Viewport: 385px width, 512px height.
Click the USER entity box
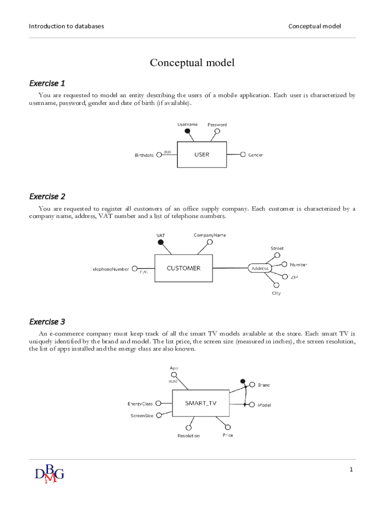pos(201,154)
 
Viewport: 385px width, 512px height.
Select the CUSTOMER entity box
pos(183,268)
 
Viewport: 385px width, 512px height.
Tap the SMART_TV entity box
pos(200,403)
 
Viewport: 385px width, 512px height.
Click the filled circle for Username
pos(187,131)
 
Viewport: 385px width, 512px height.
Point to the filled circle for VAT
pos(160,242)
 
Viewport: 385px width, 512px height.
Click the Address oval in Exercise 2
pos(260,268)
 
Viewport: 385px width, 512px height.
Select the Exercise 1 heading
pos(47,83)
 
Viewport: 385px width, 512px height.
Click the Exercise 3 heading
pos(47,321)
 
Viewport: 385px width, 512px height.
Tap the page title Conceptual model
pos(192,63)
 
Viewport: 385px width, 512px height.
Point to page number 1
pos(351,469)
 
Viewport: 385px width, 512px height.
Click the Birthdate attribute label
pos(144,155)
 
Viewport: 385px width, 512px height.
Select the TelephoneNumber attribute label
pos(109,269)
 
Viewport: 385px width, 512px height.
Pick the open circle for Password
pos(217,131)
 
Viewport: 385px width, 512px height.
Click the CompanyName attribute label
pos(210,235)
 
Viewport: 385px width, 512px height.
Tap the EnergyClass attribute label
pos(140,404)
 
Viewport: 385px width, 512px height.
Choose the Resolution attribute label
pos(188,436)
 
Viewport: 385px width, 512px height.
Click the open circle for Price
pos(228,427)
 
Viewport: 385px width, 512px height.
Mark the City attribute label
pos(276,293)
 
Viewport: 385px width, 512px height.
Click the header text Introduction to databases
pos(66,26)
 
